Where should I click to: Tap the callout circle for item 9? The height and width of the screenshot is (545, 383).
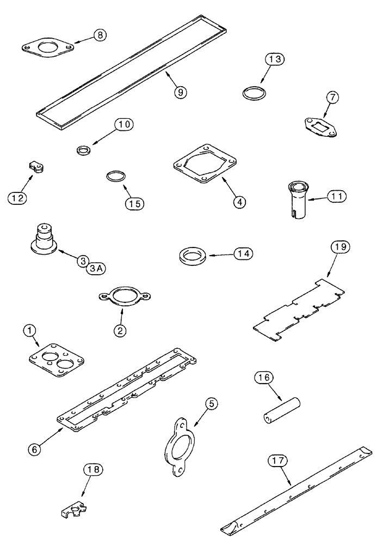point(180,92)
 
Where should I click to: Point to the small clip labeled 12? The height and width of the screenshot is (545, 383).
point(36,168)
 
